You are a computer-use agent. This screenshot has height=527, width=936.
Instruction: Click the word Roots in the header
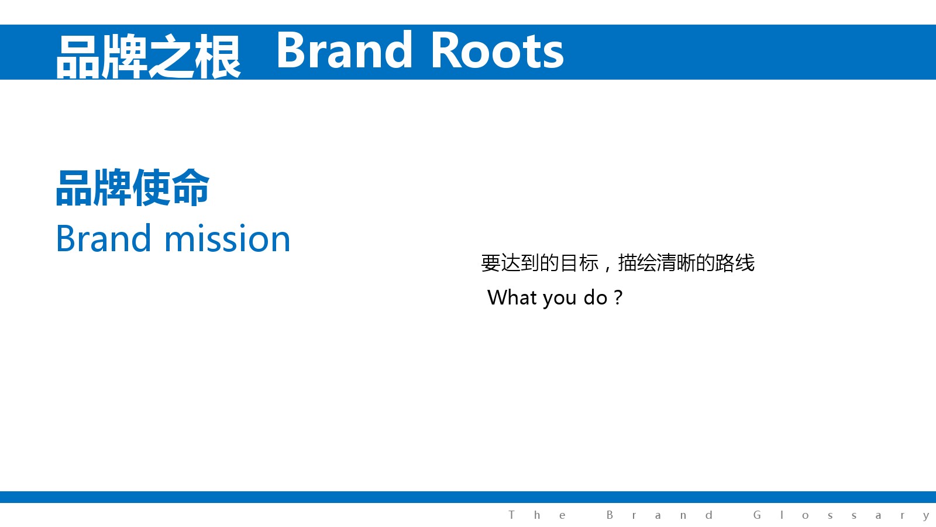click(x=497, y=50)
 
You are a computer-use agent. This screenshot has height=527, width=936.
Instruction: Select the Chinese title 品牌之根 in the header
click(x=149, y=56)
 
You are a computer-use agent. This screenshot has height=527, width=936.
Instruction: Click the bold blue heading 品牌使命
click(x=132, y=188)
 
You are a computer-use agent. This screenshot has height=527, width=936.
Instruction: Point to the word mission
click(x=228, y=238)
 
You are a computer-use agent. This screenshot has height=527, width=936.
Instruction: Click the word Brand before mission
click(x=103, y=238)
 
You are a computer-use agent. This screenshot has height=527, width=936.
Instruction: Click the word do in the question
click(x=595, y=297)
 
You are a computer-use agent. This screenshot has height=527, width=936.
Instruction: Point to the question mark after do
click(x=618, y=298)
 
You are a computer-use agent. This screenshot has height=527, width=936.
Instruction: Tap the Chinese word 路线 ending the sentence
click(x=735, y=263)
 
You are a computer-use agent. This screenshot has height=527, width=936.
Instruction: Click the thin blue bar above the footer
click(x=468, y=497)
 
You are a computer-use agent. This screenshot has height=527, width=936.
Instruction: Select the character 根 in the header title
click(x=218, y=56)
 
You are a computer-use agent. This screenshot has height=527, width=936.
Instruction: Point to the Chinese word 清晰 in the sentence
click(x=676, y=263)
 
